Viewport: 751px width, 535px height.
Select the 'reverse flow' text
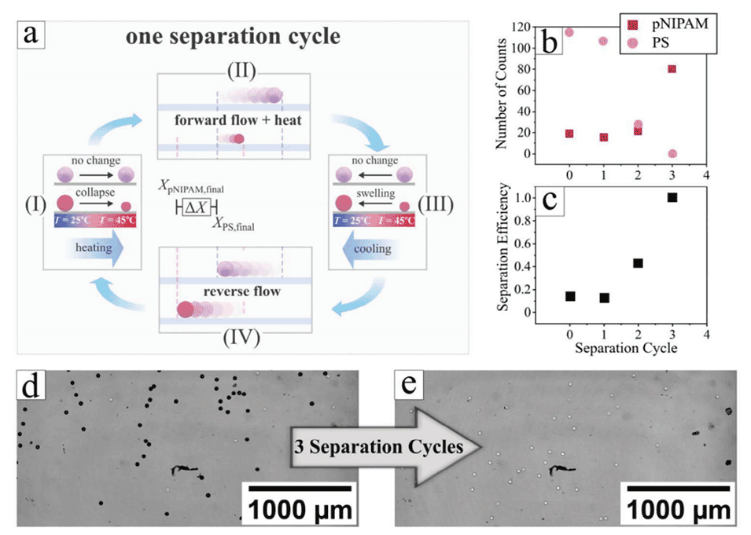[237, 291]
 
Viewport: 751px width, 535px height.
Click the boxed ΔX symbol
[193, 207]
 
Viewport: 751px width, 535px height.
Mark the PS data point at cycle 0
[569, 32]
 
